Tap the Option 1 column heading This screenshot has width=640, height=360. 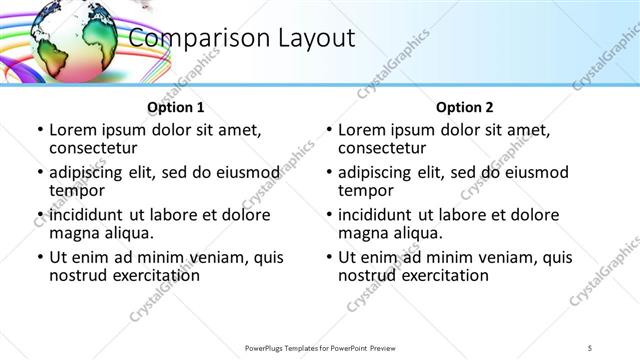click(x=176, y=107)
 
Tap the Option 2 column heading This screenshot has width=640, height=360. click(x=465, y=107)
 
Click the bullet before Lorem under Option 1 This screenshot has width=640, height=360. click(x=39, y=131)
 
